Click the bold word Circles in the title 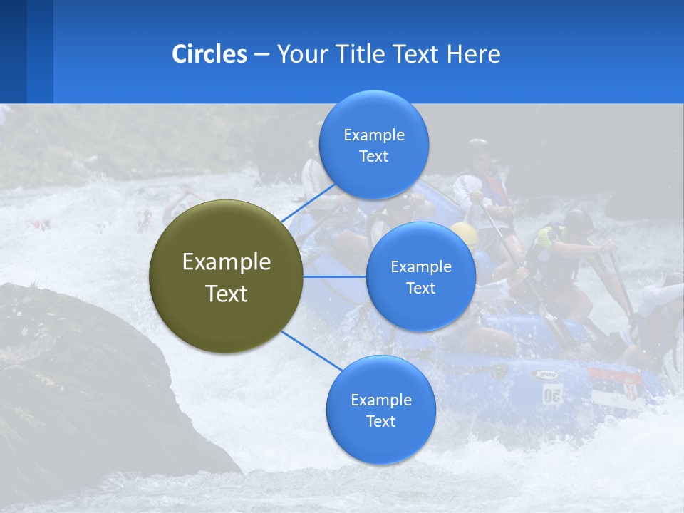[209, 54]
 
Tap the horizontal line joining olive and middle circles [335, 276]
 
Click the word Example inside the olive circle [227, 262]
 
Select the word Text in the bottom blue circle [380, 421]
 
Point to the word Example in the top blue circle [373, 135]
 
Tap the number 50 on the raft [552, 394]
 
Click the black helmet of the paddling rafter [578, 219]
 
